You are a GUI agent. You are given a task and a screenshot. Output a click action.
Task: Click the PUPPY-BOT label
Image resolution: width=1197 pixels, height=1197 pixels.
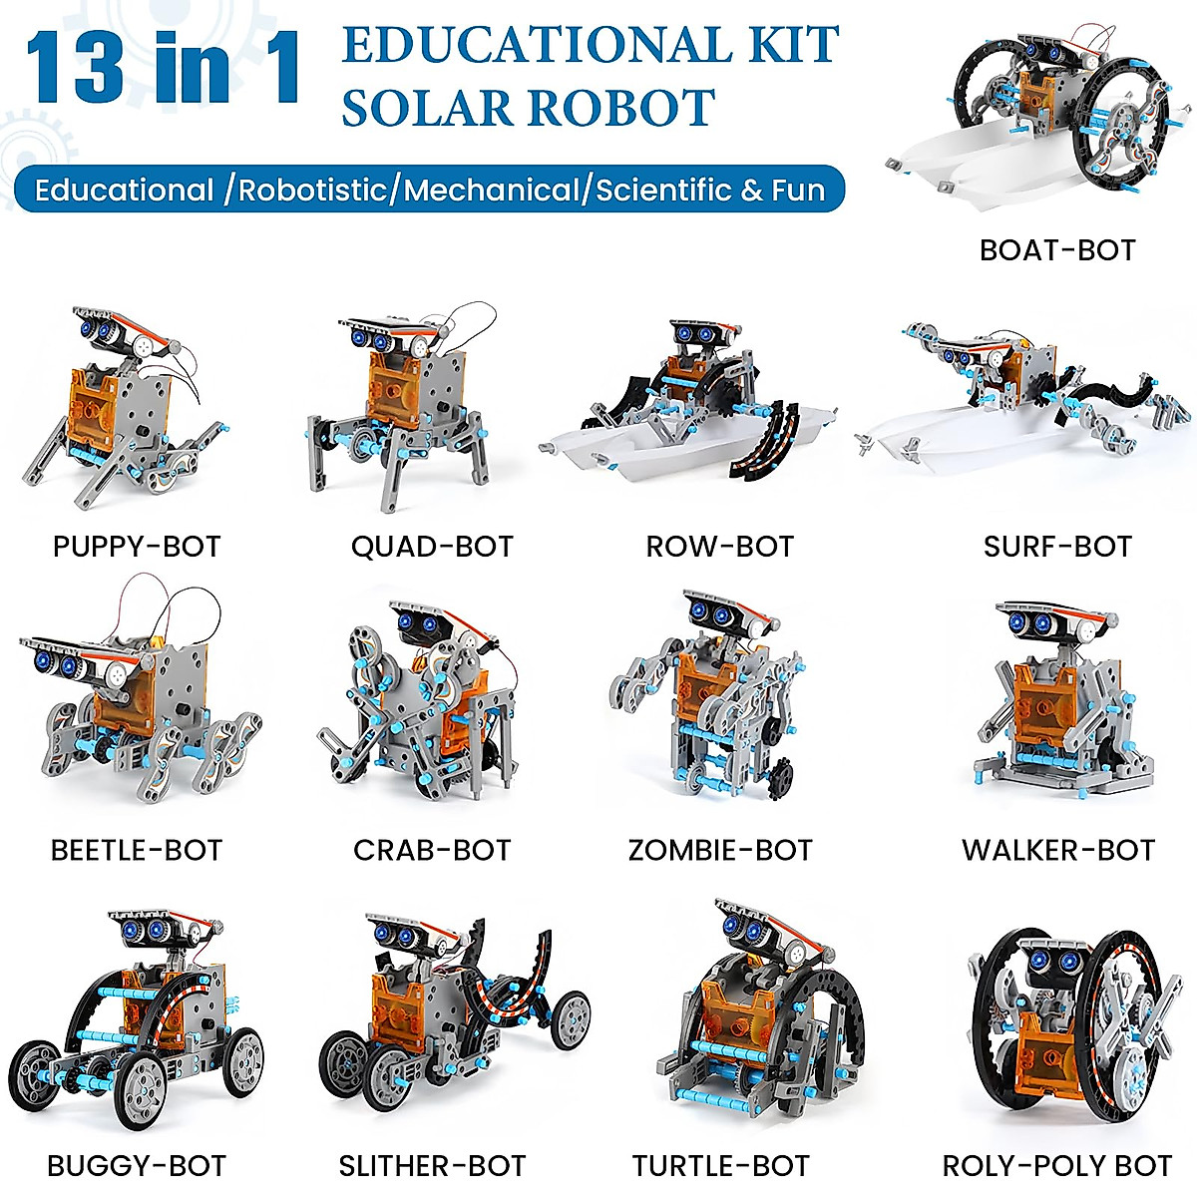137,547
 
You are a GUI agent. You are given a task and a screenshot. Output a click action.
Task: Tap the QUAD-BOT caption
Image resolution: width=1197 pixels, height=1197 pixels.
432,547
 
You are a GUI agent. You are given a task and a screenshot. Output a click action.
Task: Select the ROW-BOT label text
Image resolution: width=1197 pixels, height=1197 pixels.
720,547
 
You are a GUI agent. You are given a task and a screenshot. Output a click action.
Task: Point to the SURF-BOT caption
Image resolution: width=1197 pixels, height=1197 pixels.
1057,547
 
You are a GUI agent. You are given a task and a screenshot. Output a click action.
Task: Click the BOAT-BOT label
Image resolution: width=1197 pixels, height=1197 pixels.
1057,249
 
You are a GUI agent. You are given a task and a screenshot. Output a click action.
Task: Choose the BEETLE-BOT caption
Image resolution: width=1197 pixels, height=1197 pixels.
137,850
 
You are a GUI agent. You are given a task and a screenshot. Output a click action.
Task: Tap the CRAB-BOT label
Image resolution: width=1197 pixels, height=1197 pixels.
432,850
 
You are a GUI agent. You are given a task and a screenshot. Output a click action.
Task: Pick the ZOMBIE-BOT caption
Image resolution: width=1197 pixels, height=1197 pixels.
720,850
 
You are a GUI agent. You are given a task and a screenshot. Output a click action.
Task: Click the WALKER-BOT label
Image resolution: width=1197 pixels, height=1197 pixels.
1057,850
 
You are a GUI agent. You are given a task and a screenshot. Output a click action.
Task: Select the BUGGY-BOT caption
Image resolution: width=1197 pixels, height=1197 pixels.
137,1165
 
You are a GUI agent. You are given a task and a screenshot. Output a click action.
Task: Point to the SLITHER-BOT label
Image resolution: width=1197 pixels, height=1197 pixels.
432,1165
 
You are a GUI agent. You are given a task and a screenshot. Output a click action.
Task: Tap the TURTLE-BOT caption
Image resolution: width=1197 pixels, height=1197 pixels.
720,1165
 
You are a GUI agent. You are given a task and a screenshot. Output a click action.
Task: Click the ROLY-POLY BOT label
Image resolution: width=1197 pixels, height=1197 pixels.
1057,1165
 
